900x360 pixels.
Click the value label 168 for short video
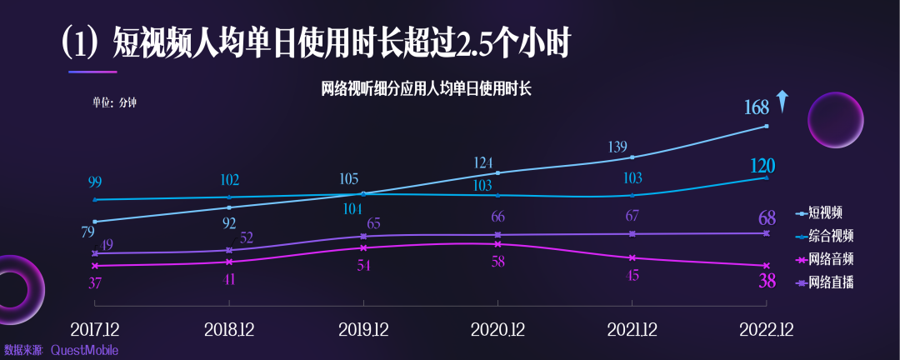757,107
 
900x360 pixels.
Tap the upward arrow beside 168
781,101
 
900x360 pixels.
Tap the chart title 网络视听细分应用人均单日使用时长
426,88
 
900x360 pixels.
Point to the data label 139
617,147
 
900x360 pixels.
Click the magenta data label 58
497,262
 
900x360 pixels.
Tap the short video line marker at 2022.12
766,127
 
